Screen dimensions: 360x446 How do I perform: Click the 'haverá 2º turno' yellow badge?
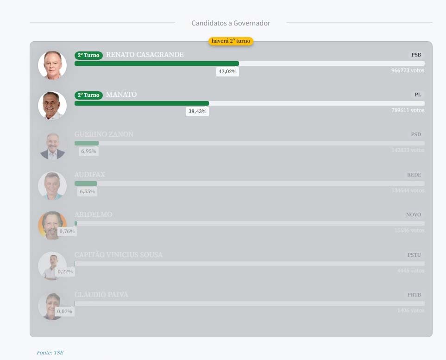[x=231, y=41]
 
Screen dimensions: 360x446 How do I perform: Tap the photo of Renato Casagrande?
[x=52, y=65]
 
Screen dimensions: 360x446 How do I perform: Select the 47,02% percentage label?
[x=227, y=72]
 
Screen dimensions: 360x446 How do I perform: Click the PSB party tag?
[x=416, y=55]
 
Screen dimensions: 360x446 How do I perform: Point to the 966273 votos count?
[x=408, y=71]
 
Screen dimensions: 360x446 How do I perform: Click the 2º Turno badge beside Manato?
[x=88, y=95]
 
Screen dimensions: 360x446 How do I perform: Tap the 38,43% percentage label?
[x=198, y=112]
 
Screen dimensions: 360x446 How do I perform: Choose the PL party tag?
[x=418, y=95]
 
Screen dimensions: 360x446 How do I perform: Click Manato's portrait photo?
[x=52, y=106]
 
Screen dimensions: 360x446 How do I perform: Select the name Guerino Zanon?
[x=104, y=134]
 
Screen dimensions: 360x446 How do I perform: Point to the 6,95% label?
[x=88, y=152]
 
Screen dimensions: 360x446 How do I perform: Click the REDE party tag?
[x=414, y=175]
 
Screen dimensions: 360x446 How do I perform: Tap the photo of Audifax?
[x=52, y=186]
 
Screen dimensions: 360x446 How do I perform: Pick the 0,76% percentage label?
[x=67, y=231]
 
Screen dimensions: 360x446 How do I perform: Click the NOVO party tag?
[x=414, y=215]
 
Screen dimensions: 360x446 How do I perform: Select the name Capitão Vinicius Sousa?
[x=119, y=255]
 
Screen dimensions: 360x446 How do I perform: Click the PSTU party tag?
[x=415, y=255]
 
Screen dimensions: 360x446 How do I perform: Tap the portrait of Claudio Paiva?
[x=51, y=306]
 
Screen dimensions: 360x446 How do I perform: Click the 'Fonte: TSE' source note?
[x=50, y=353]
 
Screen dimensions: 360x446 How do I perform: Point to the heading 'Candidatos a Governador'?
[x=231, y=23]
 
